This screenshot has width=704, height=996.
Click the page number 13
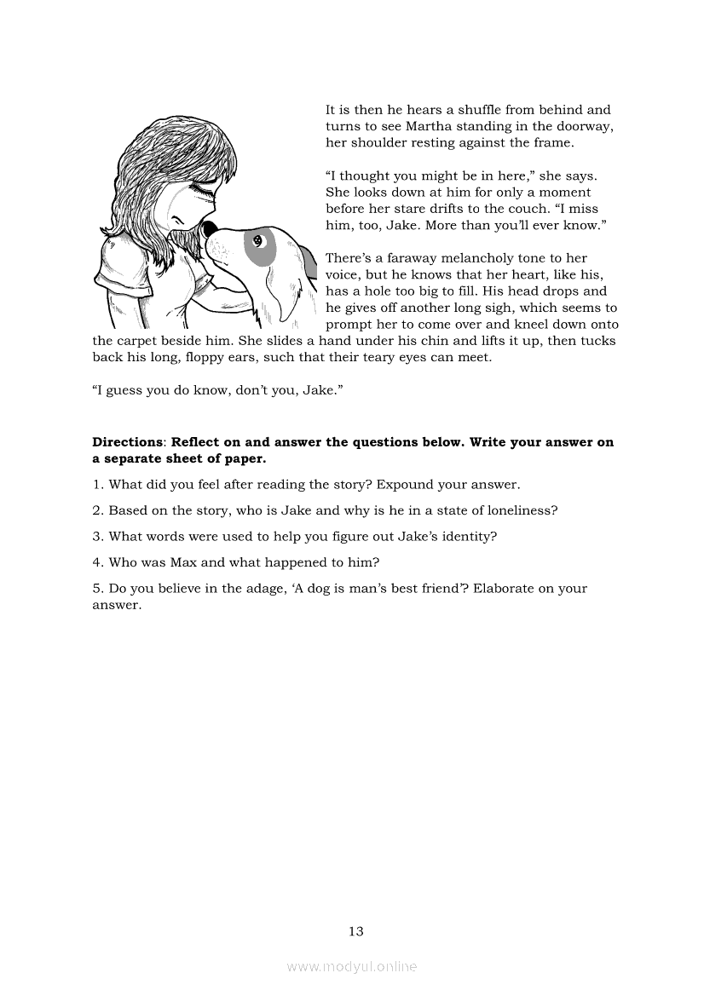pyautogui.click(x=356, y=931)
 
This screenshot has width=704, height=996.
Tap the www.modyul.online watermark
pyautogui.click(x=352, y=966)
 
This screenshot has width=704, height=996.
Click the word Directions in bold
pyautogui.click(x=128, y=442)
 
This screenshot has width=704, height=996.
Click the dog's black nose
pyautogui.click(x=208, y=227)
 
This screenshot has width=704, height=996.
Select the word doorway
pyautogui.click(x=589, y=126)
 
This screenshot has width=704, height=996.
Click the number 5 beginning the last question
pyautogui.click(x=96, y=589)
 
